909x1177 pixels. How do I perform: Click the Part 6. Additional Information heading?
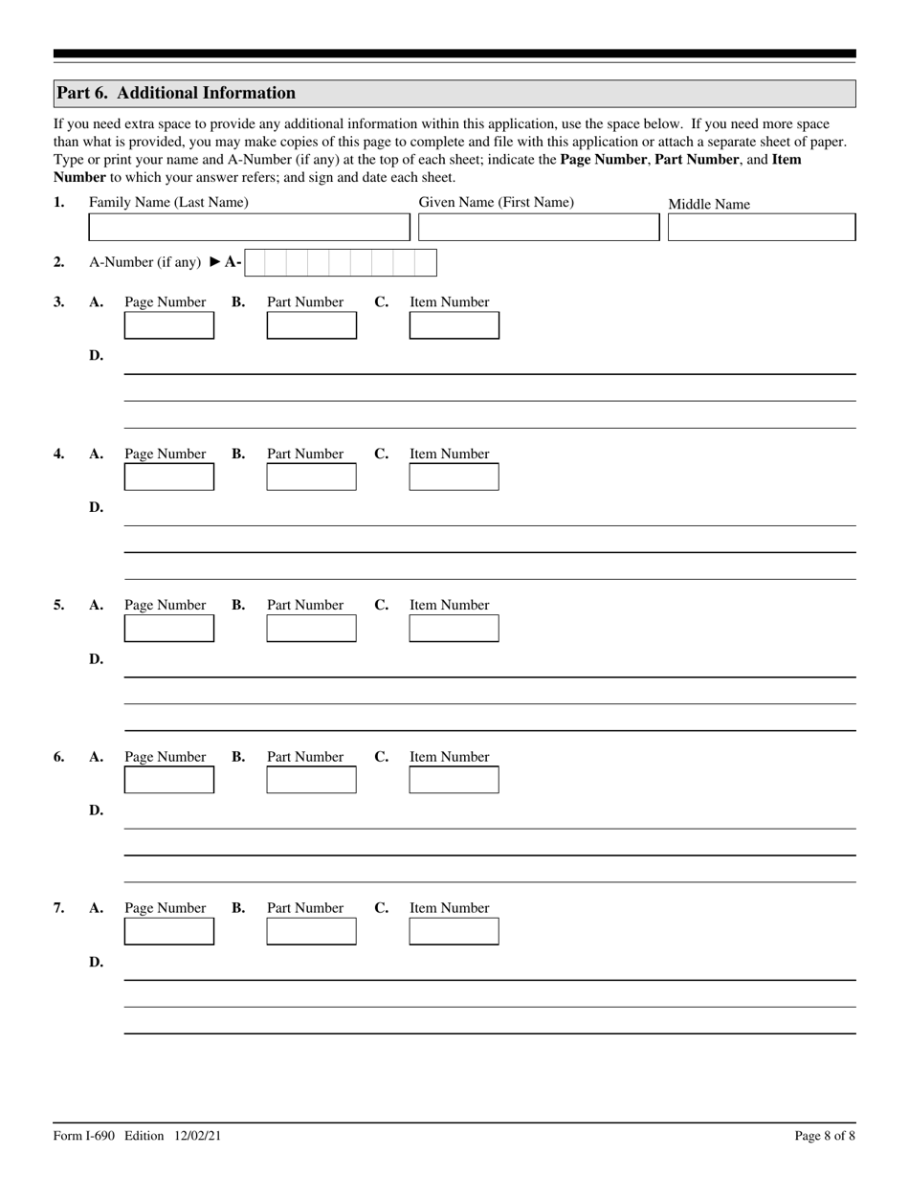pos(176,93)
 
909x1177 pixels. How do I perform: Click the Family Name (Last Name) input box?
pos(248,227)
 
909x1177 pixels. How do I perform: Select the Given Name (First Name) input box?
pos(539,227)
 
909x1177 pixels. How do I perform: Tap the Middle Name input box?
pos(761,227)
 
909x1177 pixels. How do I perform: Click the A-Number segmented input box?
pos(340,262)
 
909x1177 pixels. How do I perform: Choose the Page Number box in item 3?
pos(169,325)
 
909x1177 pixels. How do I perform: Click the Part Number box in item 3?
pos(311,325)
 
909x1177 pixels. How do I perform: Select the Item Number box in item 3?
pos(454,325)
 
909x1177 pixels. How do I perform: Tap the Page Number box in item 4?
pos(169,477)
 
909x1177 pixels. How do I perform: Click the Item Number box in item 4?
pos(454,477)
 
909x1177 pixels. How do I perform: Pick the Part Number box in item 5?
pos(311,628)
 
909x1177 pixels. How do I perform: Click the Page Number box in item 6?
pos(169,780)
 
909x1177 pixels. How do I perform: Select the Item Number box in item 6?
pos(454,780)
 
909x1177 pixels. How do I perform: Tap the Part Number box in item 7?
pos(311,931)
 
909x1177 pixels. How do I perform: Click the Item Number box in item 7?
pos(454,931)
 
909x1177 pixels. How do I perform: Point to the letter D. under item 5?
pos(96,659)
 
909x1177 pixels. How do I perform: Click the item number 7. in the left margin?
pos(59,908)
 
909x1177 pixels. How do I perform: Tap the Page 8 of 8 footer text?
pos(825,1136)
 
